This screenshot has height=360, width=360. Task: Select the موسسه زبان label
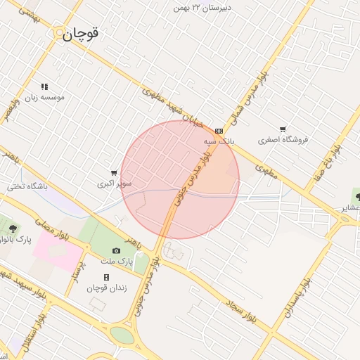[45, 97]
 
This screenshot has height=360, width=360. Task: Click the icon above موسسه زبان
[44, 86]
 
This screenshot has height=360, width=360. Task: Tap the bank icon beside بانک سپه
[219, 131]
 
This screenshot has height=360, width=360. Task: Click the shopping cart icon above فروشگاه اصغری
[283, 129]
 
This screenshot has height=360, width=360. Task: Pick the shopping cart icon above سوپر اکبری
[114, 173]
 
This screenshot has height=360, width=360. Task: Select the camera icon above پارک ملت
[116, 251]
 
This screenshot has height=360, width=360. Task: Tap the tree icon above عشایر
[357, 197]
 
